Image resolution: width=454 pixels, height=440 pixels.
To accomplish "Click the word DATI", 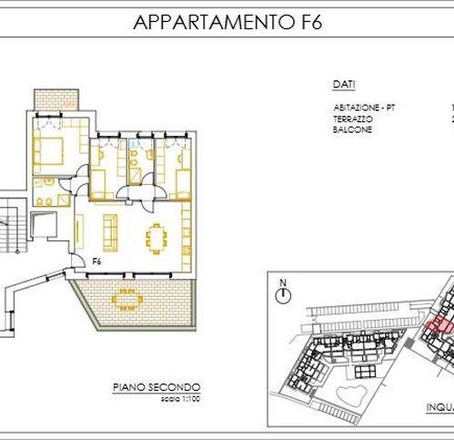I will click(x=343, y=85).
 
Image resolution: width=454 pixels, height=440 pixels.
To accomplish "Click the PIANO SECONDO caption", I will click(x=156, y=387).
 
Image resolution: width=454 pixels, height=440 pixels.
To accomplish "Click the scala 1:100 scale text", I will click(x=156, y=398).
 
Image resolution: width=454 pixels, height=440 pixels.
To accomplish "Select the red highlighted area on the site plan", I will click(x=439, y=325).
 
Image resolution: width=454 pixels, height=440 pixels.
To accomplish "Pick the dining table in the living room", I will click(x=156, y=240).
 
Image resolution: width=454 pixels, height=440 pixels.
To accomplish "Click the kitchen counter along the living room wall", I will click(x=186, y=232).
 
